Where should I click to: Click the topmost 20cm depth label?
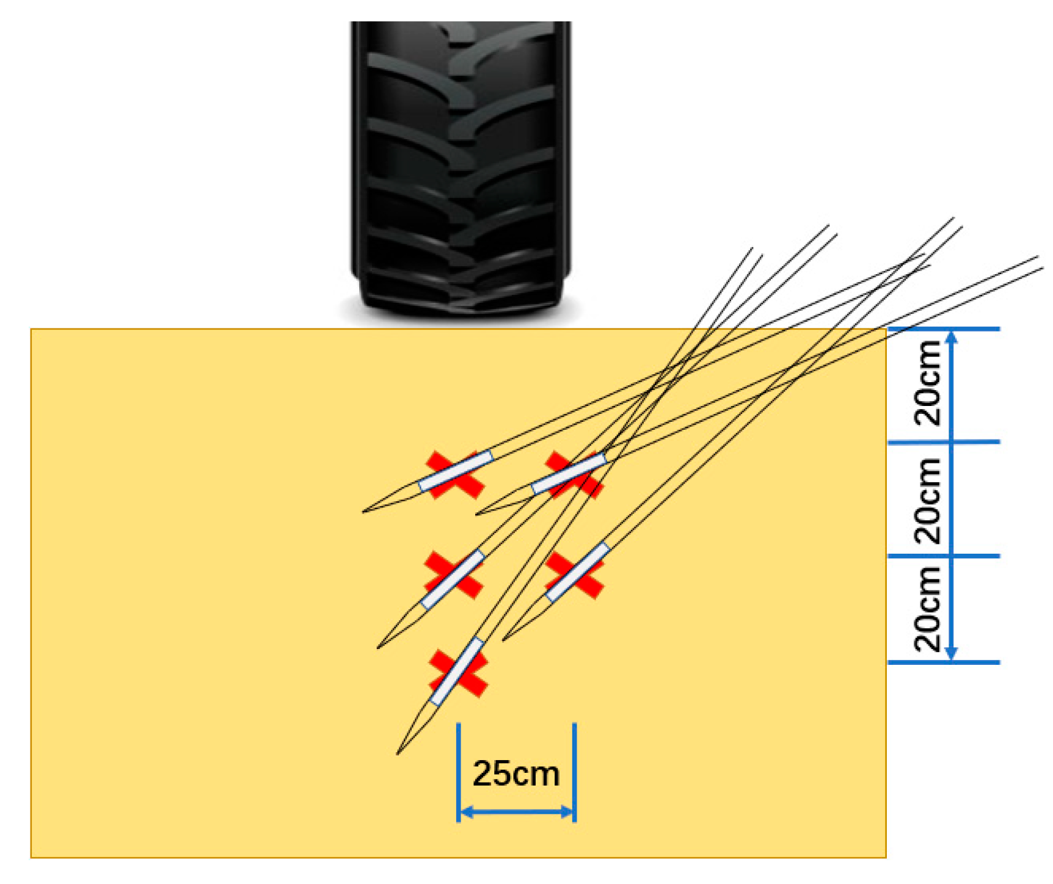(x=927, y=383)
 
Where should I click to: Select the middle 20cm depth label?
(x=927, y=501)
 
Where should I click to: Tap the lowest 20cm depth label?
(x=927, y=609)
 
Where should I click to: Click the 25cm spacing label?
(x=516, y=774)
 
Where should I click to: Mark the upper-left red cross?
(x=455, y=475)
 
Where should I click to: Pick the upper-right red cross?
(x=573, y=475)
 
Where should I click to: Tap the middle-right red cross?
(x=574, y=574)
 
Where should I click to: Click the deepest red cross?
(x=458, y=673)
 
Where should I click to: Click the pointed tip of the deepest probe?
(x=398, y=753)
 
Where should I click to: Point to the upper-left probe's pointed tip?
(x=364, y=511)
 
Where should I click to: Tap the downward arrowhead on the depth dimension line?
(x=950, y=654)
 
